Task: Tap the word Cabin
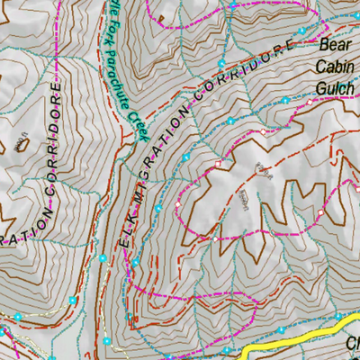click(x=334, y=66)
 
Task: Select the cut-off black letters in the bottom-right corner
click(x=353, y=344)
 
